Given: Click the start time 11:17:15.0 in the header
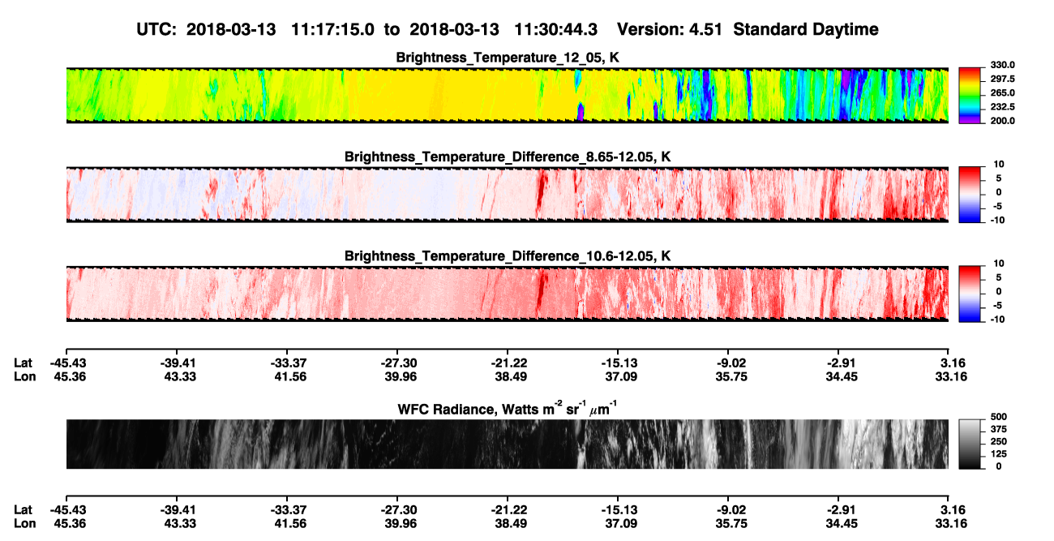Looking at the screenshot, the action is pyautogui.click(x=332, y=30).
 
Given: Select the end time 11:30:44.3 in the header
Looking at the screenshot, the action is pyautogui.click(x=555, y=30).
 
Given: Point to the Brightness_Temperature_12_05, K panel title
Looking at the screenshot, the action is pyautogui.click(x=508, y=58).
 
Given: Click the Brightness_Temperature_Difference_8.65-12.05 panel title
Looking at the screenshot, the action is pyautogui.click(x=508, y=157).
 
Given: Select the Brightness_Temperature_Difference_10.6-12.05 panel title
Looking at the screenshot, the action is pyautogui.click(x=508, y=256).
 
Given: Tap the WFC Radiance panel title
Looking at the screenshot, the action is pyautogui.click(x=508, y=408).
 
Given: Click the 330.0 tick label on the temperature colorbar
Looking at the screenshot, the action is pyautogui.click(x=1002, y=65).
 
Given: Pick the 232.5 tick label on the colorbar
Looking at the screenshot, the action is pyautogui.click(x=1002, y=107).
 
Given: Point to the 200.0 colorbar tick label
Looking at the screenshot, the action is pyautogui.click(x=1002, y=121).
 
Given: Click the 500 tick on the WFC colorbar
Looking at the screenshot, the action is pyautogui.click(x=999, y=417).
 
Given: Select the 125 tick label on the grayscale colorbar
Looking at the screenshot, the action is pyautogui.click(x=999, y=454).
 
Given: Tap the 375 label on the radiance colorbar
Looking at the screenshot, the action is pyautogui.click(x=999, y=429).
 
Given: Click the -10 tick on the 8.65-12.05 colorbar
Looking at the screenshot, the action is pyautogui.click(x=996, y=221).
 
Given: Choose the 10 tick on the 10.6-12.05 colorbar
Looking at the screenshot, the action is pyautogui.click(x=999, y=264).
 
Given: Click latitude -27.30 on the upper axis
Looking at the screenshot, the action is pyautogui.click(x=398, y=363).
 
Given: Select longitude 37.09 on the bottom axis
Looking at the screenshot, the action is pyautogui.click(x=621, y=524).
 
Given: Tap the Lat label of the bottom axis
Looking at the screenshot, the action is pyautogui.click(x=23, y=510).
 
